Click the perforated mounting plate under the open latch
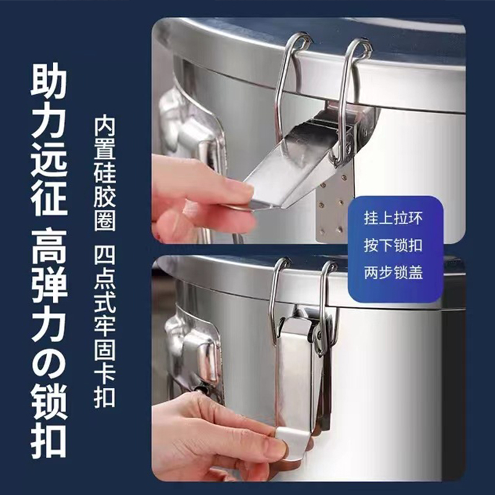click(334, 204)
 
